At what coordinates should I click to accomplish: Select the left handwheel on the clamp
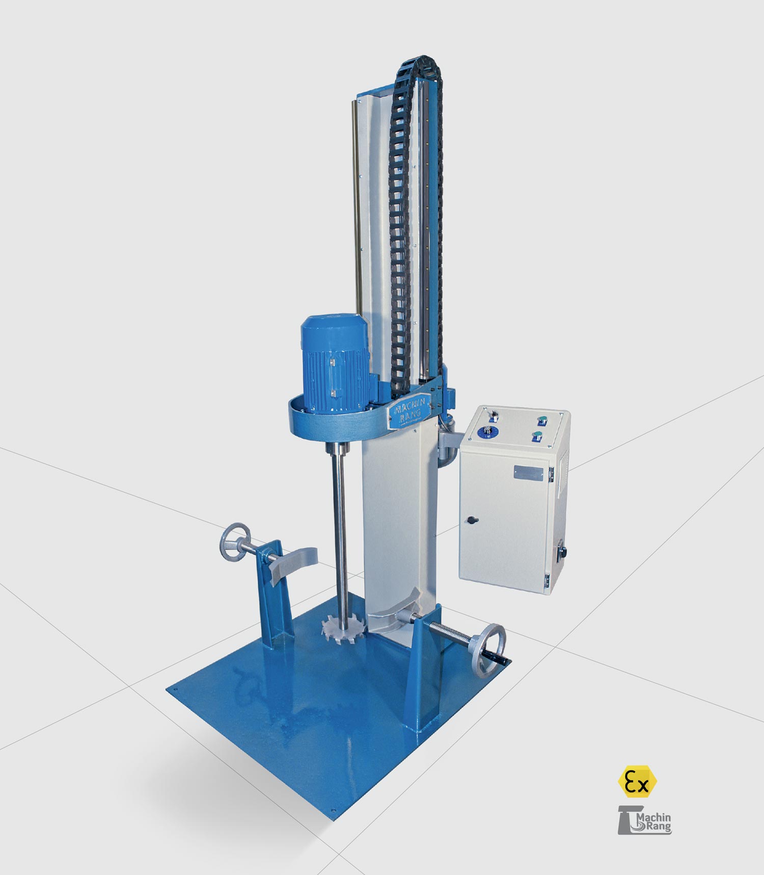click(235, 542)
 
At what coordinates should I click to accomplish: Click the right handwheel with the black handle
click(488, 648)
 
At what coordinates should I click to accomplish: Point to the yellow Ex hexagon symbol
click(637, 781)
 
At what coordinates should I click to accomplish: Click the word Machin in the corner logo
click(654, 817)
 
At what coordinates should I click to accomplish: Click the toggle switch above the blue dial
click(492, 416)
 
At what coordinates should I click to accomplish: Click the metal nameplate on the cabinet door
click(528, 473)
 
